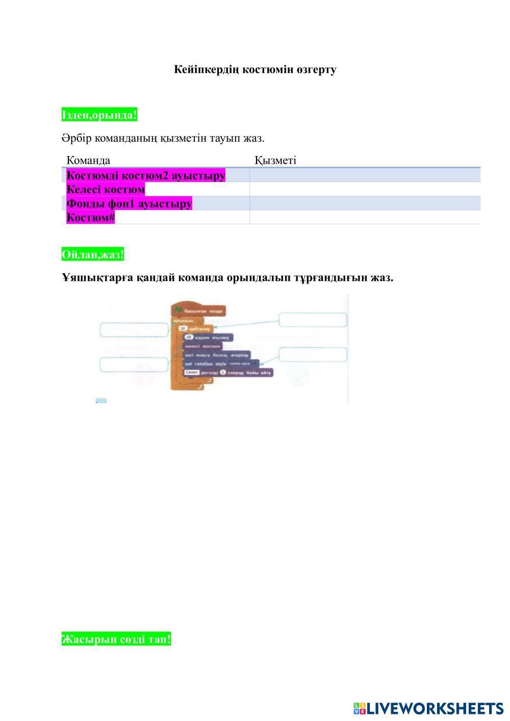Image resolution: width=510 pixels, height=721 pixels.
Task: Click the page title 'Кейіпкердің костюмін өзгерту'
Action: [x=255, y=69]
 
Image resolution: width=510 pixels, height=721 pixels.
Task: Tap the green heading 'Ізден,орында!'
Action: [x=99, y=115]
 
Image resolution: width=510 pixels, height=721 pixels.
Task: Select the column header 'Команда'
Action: [x=88, y=160]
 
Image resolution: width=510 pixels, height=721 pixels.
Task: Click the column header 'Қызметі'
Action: [x=275, y=160]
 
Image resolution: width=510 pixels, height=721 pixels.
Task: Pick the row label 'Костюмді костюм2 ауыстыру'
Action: [x=146, y=175]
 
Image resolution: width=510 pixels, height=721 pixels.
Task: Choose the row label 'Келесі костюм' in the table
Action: [x=106, y=189]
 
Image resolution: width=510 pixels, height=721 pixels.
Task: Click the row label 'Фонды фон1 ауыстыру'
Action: [x=129, y=203]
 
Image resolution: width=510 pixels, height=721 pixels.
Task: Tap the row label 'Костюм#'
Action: [x=91, y=217]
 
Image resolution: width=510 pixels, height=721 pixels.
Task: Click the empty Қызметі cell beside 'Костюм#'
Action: [x=365, y=217]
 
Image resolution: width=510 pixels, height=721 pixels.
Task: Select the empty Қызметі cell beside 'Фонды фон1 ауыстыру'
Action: [x=365, y=203]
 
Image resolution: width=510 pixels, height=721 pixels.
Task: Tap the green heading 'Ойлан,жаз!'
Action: [x=92, y=254]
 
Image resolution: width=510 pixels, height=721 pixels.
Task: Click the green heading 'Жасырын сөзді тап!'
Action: [x=116, y=638]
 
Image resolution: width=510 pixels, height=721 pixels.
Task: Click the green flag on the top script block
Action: [x=178, y=310]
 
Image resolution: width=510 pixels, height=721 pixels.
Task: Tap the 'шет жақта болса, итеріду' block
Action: [x=217, y=355]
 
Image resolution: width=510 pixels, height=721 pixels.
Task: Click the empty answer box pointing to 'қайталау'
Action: [x=313, y=320]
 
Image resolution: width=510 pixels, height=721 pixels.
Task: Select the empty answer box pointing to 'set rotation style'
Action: [x=313, y=354]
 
